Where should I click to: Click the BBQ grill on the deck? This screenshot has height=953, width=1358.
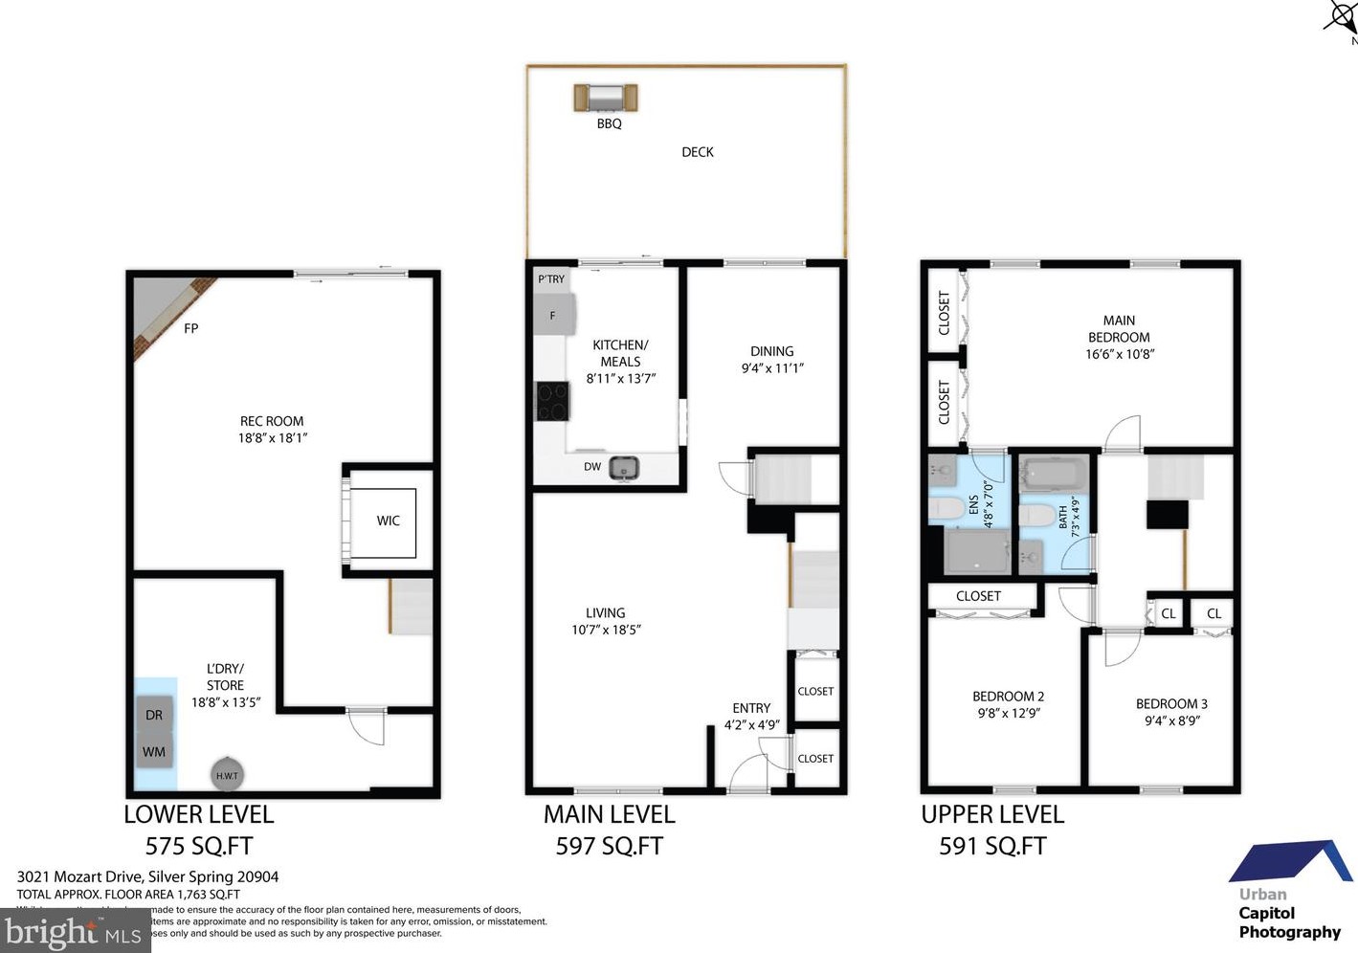[606, 98]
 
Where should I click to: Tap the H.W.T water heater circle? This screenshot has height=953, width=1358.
[227, 775]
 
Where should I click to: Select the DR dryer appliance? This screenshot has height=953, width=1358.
[154, 715]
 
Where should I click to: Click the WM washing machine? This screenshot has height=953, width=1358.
[154, 752]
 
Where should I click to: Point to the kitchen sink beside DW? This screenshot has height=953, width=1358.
[624, 468]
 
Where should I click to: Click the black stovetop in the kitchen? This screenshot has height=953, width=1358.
[552, 401]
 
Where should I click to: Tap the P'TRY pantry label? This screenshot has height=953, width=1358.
[551, 279]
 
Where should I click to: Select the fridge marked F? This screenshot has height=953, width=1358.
[554, 315]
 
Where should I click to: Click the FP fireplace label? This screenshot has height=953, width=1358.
[190, 328]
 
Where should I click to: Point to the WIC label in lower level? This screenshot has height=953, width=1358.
[388, 521]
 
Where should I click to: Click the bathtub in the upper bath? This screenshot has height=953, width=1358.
[1054, 473]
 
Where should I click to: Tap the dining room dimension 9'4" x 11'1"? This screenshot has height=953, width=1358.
[772, 368]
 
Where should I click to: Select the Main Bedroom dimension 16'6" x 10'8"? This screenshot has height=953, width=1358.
[1119, 354]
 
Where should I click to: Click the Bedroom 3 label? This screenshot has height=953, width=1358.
[1171, 703]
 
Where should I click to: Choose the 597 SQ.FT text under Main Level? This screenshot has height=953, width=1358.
[609, 846]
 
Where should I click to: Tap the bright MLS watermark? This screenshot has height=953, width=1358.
[75, 931]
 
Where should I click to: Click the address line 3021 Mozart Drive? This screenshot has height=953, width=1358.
[147, 876]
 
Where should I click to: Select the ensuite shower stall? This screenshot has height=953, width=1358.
[976, 552]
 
